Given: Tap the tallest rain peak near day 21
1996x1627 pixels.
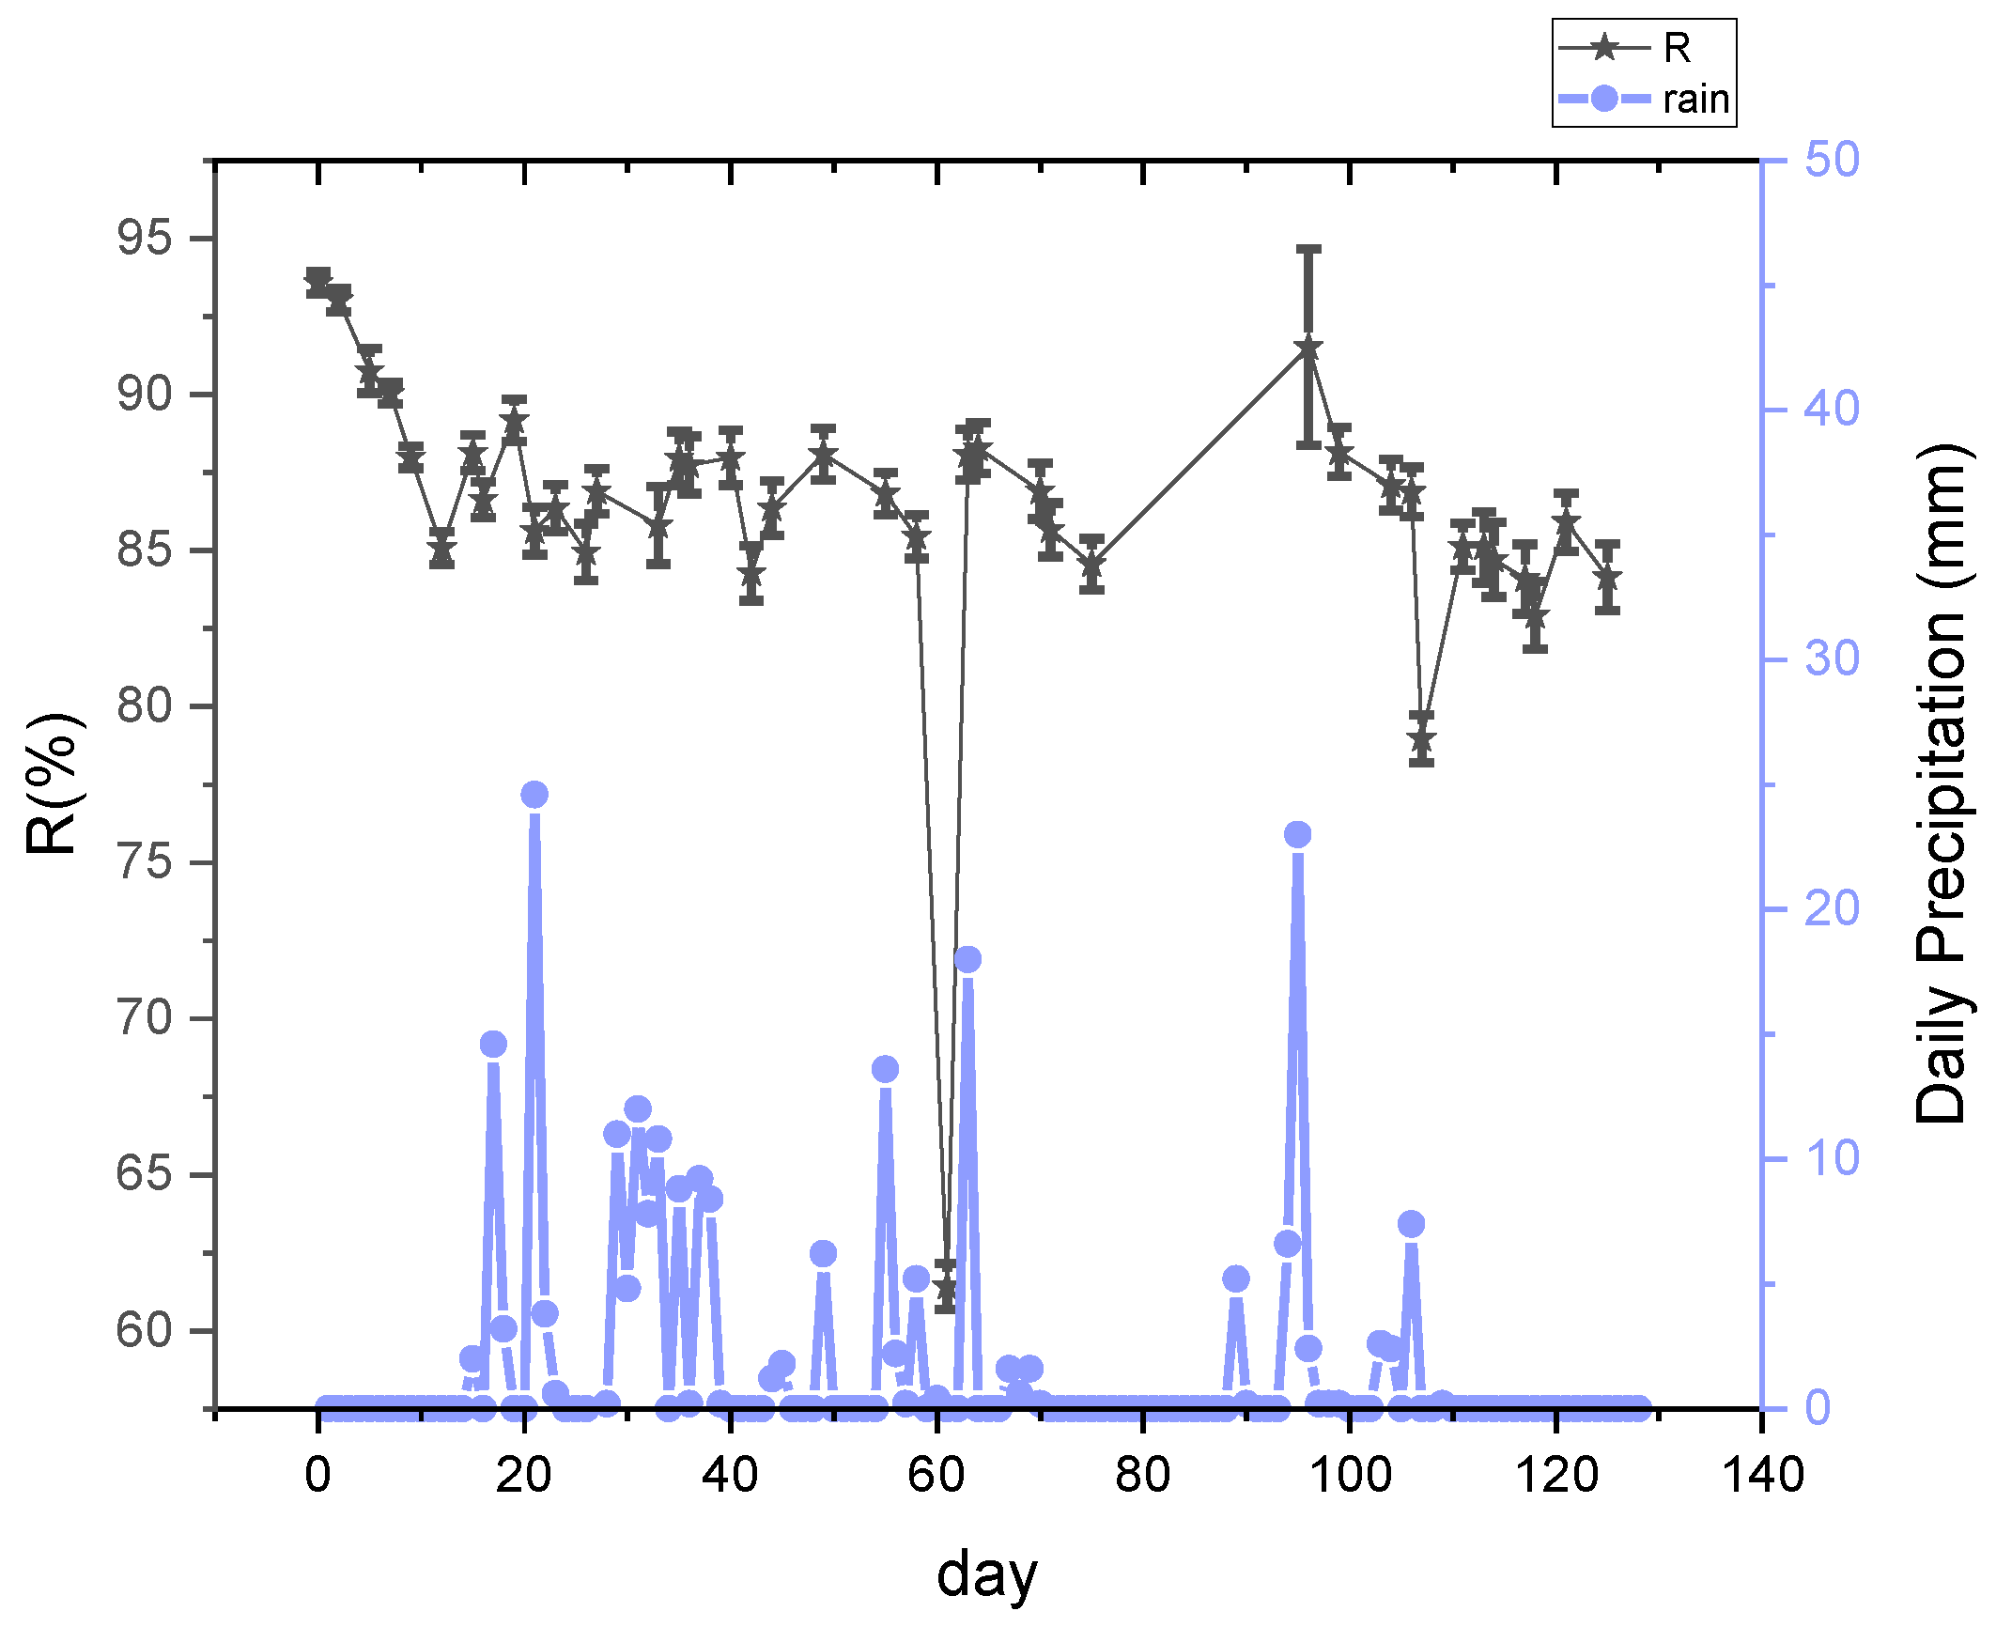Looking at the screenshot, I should coord(534,795).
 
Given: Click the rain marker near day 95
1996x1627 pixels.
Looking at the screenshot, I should coord(1297,835).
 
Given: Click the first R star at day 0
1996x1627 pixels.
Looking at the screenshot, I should coord(318,281).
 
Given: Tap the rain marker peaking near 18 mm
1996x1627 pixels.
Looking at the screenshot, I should coord(967,960).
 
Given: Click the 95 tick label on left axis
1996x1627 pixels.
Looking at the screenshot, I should coord(146,239).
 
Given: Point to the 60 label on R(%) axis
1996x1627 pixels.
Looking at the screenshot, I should coord(146,1330).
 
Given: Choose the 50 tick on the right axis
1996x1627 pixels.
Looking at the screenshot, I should coord(1831,161).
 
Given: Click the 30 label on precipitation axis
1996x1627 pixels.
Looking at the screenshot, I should coord(1831,659).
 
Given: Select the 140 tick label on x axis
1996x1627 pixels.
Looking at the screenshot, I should coord(1762,1476).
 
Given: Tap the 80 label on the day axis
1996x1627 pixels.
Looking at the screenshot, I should coord(1143,1476).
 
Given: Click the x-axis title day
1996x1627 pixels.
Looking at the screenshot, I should coord(987,1574).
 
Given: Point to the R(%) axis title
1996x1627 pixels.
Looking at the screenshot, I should coord(52,783).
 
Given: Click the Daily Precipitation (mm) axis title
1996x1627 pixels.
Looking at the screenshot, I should coord(1940,783).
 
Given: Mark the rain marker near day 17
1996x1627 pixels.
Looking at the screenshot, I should coord(493,1045).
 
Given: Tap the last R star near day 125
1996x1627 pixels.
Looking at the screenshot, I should coord(1607,578).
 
